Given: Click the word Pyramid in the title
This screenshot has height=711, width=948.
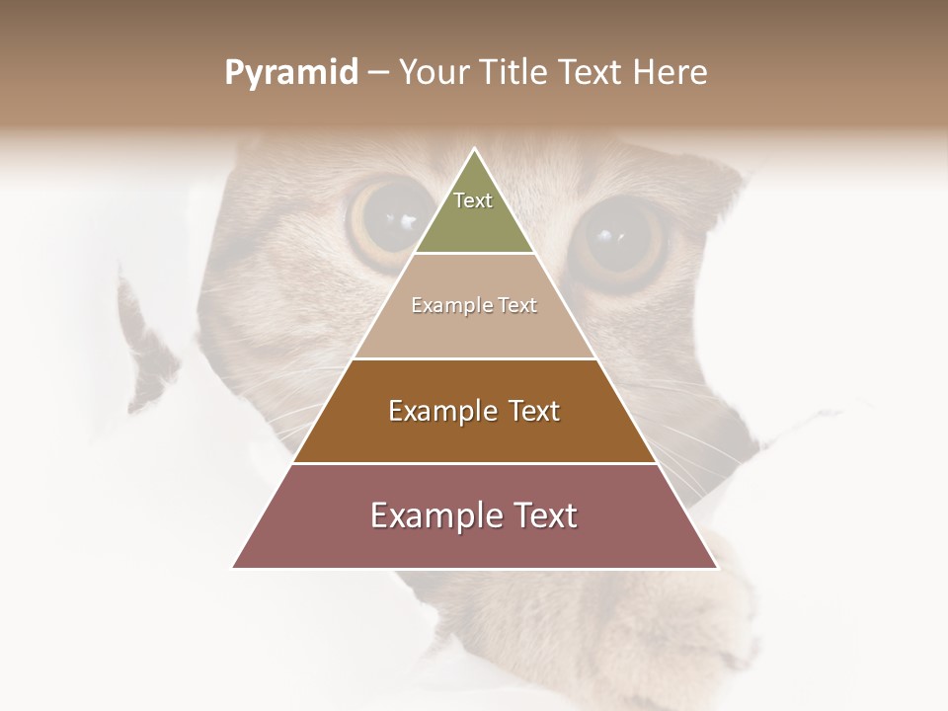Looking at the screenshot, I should click(x=290, y=73).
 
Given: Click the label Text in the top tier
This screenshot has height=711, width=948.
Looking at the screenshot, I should click(x=473, y=200).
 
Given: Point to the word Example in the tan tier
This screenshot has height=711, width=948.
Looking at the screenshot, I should click(x=443, y=305).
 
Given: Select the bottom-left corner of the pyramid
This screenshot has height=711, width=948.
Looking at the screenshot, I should click(x=233, y=568).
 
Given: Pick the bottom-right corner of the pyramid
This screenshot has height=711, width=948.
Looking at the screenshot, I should click(x=717, y=568).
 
